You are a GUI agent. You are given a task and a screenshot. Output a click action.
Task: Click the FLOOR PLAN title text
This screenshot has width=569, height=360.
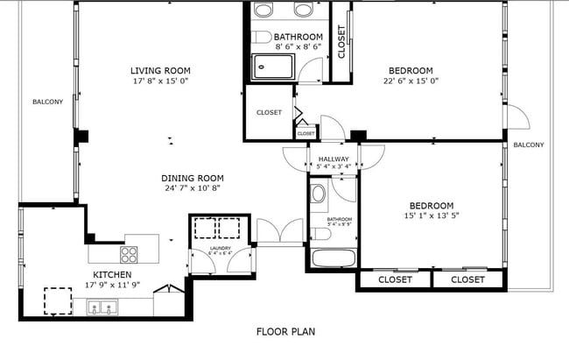tap(285, 332)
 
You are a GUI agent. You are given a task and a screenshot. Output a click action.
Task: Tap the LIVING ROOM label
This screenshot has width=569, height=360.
tap(160, 71)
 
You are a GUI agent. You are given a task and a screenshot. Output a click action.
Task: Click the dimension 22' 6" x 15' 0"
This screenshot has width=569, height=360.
tap(411, 82)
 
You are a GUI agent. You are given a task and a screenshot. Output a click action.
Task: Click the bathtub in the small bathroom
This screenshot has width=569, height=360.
tap(332, 258)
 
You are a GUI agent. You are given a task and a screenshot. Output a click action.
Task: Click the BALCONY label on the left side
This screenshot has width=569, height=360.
tap(47, 102)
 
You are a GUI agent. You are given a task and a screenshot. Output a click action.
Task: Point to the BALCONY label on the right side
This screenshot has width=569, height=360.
tap(528, 145)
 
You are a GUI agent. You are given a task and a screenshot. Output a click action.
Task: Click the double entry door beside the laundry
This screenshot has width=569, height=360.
tap(279, 231)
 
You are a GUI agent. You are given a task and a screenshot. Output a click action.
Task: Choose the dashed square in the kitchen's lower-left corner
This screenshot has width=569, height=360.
tap(58, 301)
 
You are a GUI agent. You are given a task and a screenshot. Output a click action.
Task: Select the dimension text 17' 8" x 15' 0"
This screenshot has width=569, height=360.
tap(160, 81)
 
